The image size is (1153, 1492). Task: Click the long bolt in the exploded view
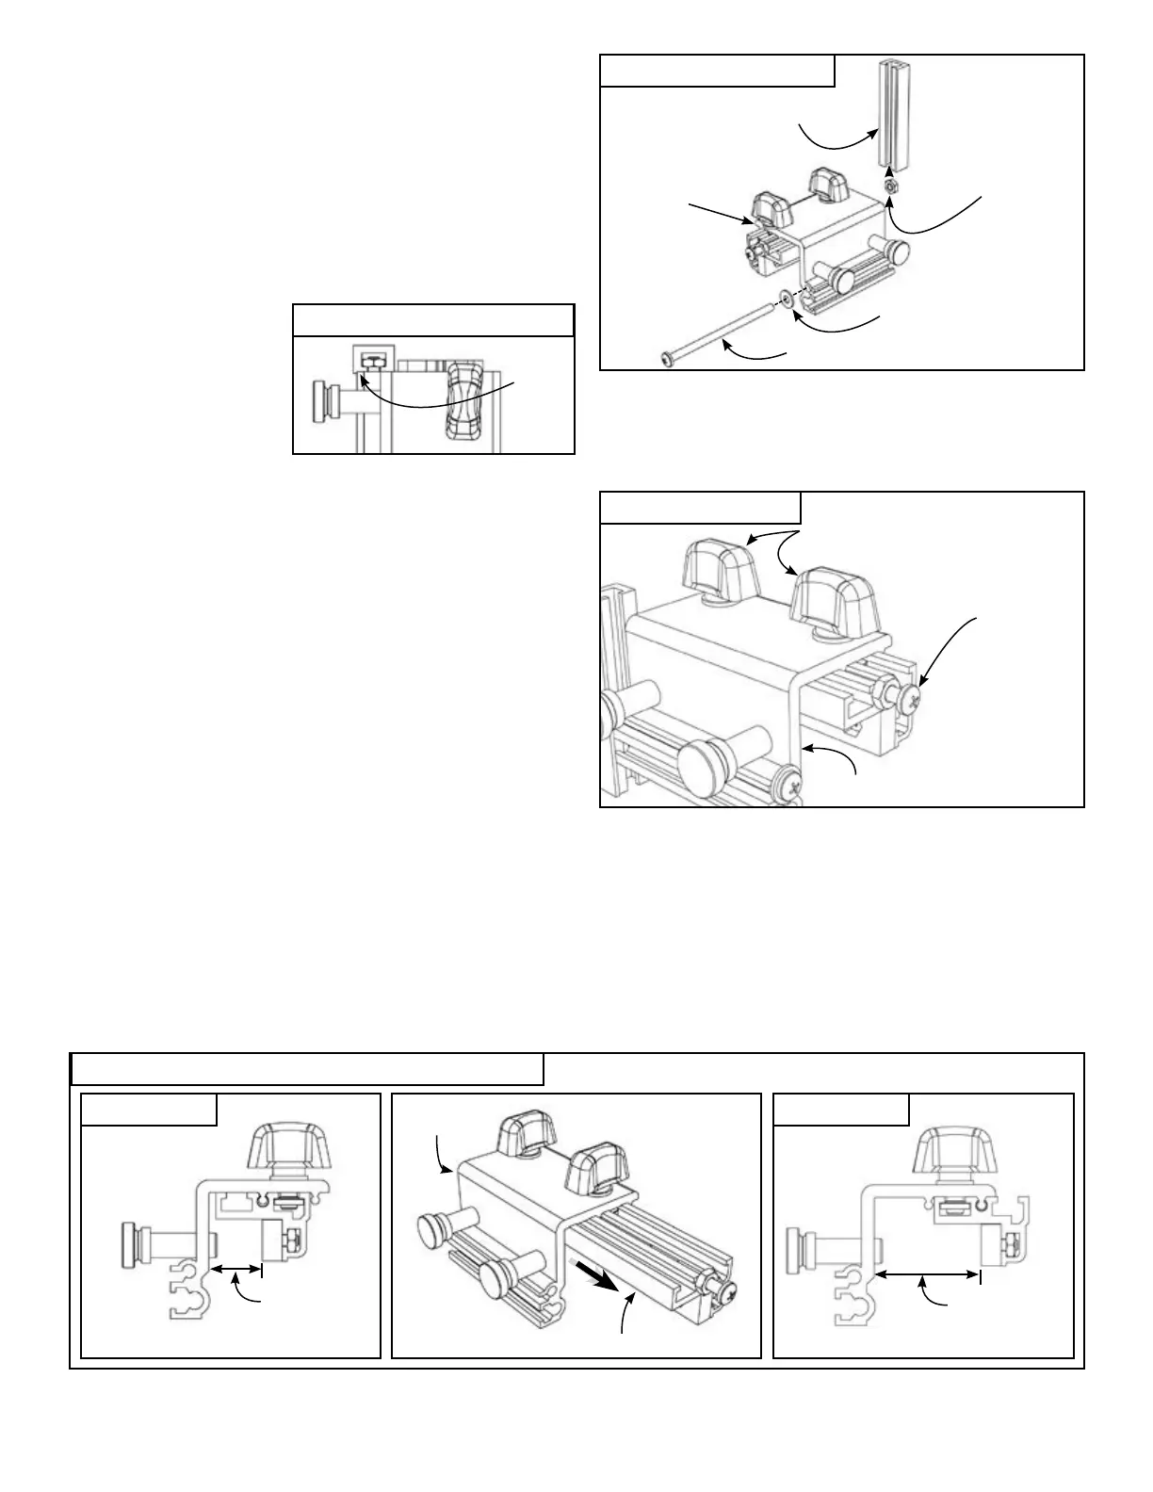721,332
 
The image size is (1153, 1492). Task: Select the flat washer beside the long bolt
785,302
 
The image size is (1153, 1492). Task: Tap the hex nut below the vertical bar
891,186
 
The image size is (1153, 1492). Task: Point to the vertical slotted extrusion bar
890,113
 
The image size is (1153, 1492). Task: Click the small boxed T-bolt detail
369,360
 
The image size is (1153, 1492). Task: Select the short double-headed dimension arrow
235,1270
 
